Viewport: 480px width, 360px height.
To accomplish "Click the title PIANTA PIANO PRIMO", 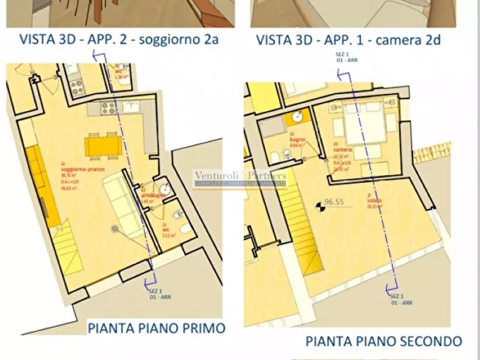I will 156,328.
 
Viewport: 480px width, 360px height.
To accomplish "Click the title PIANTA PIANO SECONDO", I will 384,341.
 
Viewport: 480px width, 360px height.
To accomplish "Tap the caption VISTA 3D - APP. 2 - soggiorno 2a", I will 119,39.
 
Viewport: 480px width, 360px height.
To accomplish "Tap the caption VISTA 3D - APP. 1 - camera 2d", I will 348,39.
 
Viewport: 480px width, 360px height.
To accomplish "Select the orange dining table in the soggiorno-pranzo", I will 104,146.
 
